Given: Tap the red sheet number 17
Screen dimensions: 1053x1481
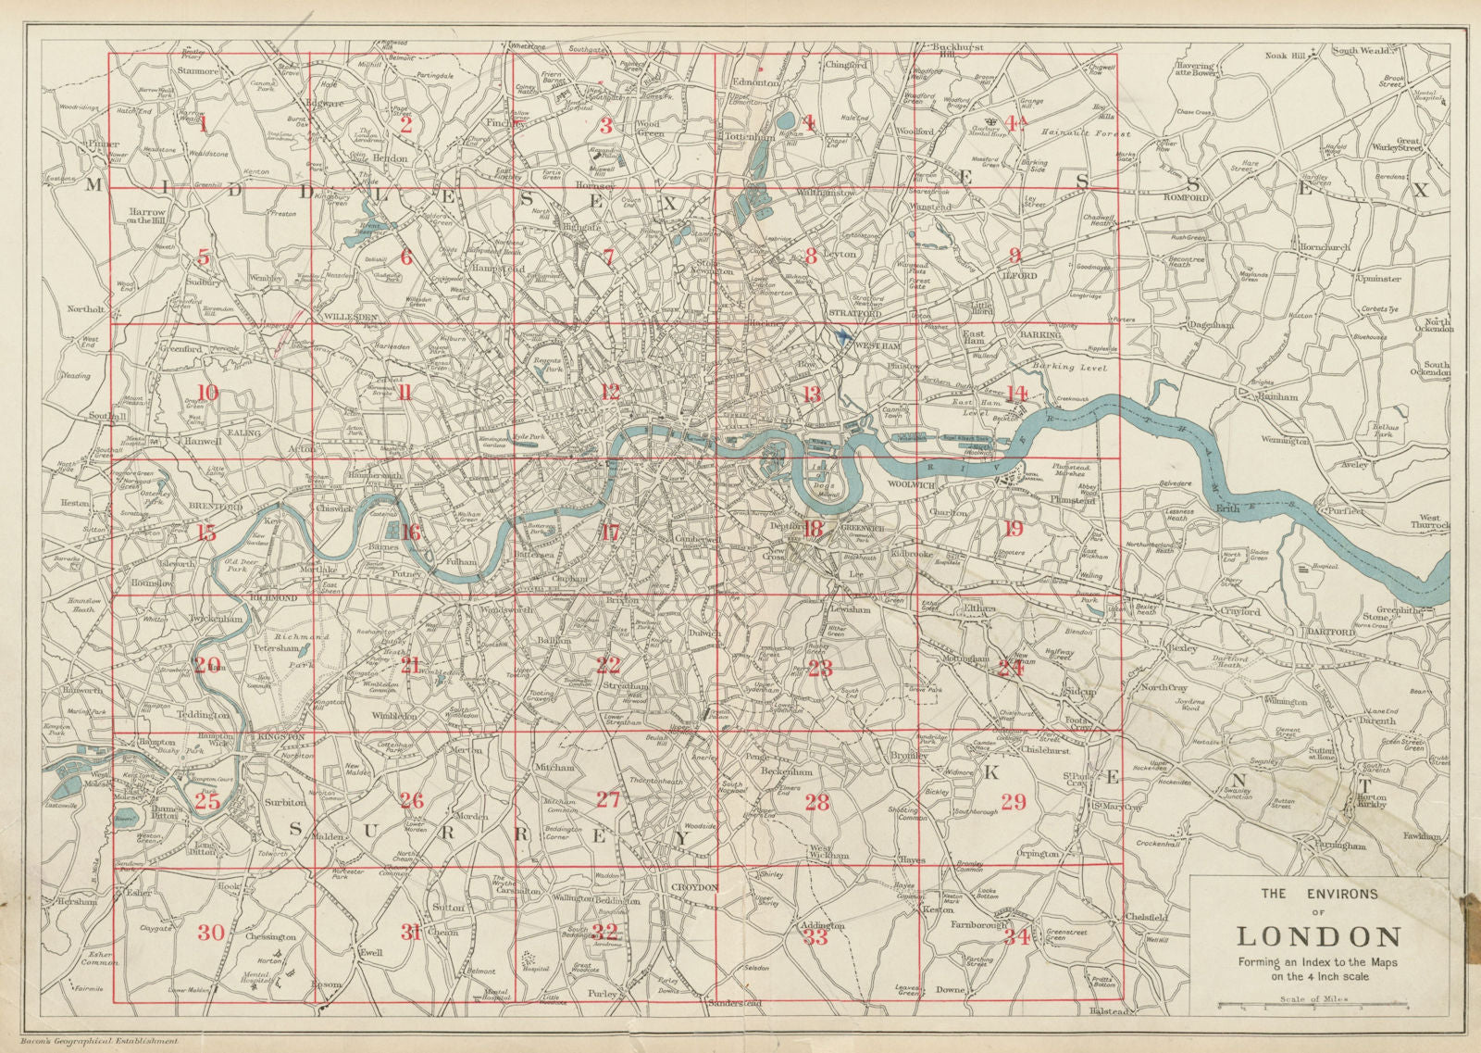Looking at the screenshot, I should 609,532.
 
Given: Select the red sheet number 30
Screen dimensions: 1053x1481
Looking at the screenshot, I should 211,932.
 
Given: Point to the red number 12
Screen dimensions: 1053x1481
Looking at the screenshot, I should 609,391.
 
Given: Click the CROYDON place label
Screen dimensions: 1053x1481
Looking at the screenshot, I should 694,886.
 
